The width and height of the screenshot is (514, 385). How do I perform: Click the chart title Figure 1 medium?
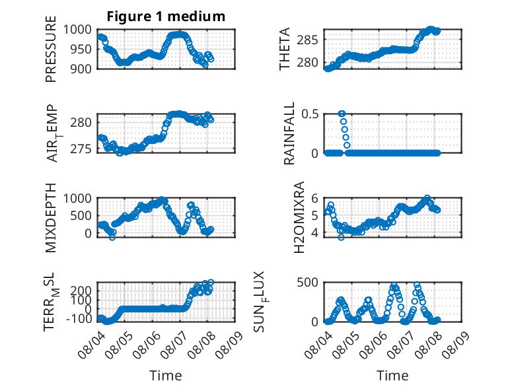[x=166, y=17]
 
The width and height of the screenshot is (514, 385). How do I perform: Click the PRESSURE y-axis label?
[x=51, y=49]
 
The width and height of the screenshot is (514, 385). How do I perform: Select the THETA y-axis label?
[x=285, y=49]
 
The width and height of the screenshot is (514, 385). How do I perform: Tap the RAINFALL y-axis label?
[x=289, y=133]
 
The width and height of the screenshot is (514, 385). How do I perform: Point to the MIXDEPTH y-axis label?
[x=51, y=218]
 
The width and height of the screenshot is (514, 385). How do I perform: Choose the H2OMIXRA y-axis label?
[x=299, y=217]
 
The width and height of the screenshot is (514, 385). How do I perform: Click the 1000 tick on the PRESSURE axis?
[x=77, y=30]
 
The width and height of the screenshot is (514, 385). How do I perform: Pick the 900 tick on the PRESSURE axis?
[x=81, y=69]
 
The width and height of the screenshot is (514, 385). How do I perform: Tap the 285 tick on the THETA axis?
[x=307, y=40]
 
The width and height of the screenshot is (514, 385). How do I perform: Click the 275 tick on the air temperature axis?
[x=81, y=149]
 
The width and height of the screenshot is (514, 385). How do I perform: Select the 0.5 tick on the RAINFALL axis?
[x=310, y=114]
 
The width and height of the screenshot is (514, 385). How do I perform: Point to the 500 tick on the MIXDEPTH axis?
[x=81, y=216]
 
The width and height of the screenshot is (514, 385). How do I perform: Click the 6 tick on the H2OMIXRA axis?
[x=314, y=198]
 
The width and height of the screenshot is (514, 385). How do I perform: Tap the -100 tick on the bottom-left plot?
[x=79, y=318]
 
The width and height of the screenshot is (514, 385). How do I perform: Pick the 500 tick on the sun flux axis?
[x=307, y=283]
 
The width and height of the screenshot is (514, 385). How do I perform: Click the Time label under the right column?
[x=392, y=376]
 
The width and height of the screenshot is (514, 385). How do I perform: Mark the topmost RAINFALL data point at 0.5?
[x=342, y=114]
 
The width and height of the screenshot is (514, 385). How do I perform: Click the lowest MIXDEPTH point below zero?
[x=112, y=237]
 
